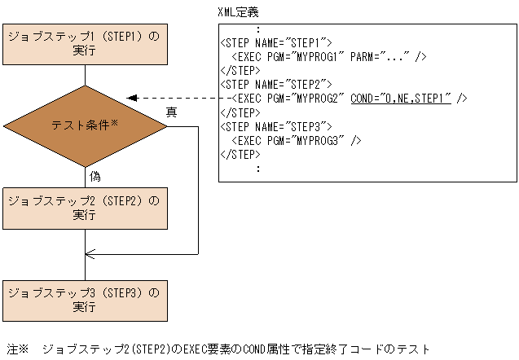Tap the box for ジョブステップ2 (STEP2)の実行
coord(85,207)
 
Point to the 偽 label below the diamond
coord(95,175)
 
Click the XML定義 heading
coord(240,12)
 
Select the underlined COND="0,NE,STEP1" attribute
coord(400,98)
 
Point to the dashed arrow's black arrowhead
coord(133,98)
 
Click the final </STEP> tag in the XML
coord(240,154)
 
